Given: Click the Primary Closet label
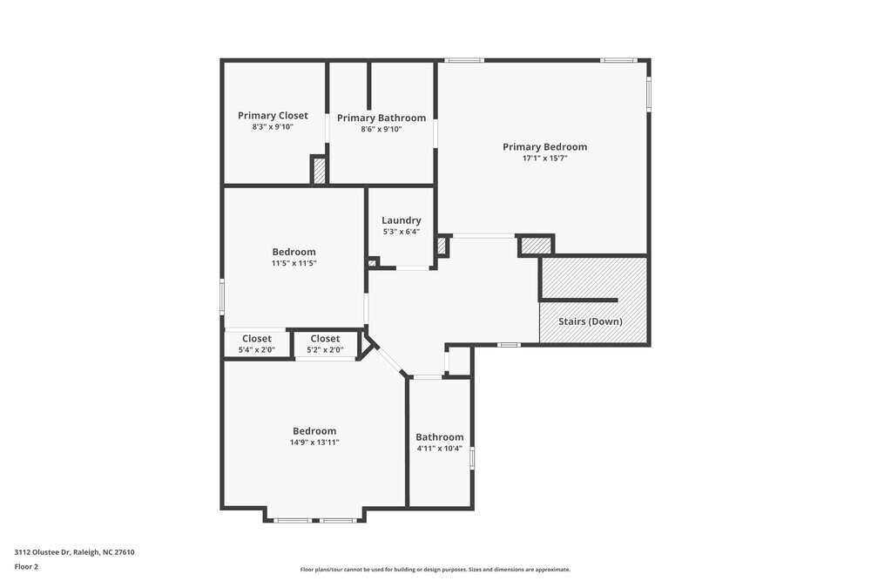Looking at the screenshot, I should click(273, 115).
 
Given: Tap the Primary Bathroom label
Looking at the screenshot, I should click(381, 118).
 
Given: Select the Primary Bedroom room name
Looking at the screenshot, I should click(544, 146).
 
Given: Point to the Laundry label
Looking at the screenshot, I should click(401, 220).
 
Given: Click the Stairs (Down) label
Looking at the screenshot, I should click(590, 321).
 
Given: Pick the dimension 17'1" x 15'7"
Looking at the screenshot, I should click(544, 159).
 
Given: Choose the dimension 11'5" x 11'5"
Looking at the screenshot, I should click(294, 263).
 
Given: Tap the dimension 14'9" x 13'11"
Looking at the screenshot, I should click(314, 443).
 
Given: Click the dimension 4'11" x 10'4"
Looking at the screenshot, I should click(439, 449).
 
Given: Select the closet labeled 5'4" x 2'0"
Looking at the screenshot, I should click(256, 344).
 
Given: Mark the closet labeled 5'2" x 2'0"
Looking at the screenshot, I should click(325, 344).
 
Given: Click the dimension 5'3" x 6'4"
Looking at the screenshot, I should click(401, 232).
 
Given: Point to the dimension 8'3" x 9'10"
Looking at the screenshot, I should click(273, 127).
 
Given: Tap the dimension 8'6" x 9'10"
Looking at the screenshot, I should click(381, 129).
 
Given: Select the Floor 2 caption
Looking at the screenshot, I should click(26, 566).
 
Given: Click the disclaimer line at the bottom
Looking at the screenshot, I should click(435, 570).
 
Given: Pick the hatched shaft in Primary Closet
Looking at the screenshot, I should click(319, 170).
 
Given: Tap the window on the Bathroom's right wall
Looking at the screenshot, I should click(473, 458).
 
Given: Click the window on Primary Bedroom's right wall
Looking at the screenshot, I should click(648, 93).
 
